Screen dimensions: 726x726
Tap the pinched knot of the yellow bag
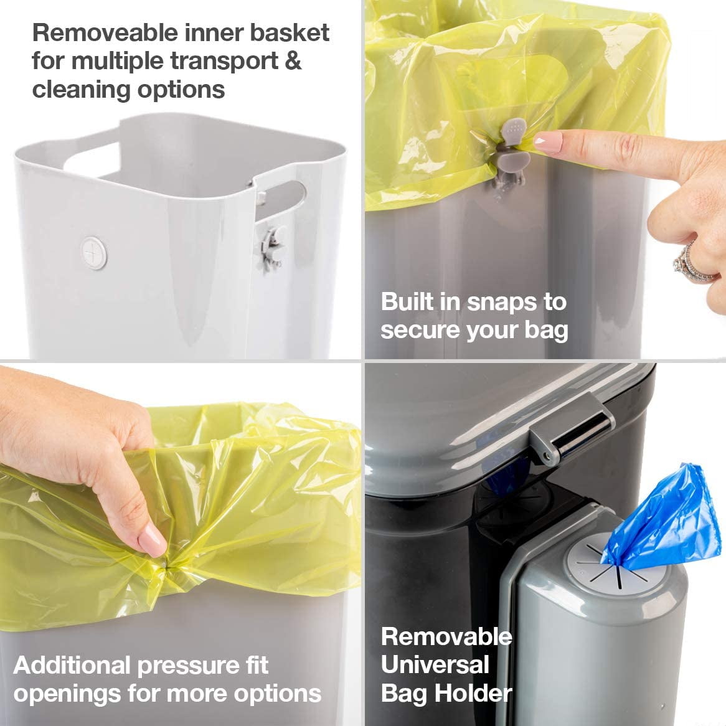(x=165, y=566)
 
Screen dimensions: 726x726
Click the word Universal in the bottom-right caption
(x=435, y=665)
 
